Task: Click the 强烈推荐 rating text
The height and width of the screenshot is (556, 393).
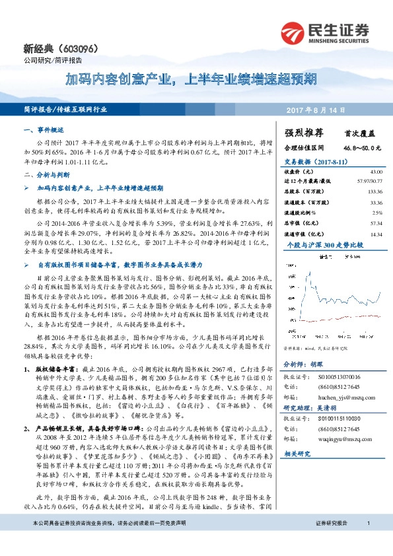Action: (303, 132)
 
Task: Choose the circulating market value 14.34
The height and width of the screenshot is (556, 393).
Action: (375, 234)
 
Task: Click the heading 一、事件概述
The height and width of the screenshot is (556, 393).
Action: (44, 131)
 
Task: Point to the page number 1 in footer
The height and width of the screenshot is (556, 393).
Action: (367, 541)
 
